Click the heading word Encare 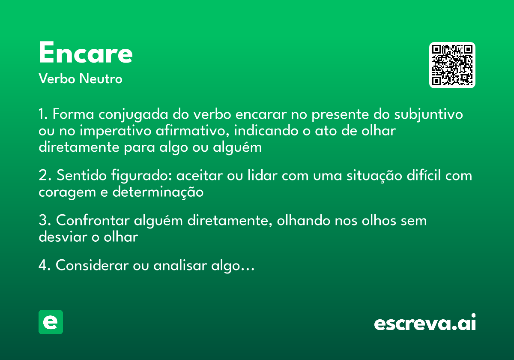coord(85,53)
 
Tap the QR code coord(452,65)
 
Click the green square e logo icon coord(51,322)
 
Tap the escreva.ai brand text coord(425,323)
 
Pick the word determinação coord(158,192)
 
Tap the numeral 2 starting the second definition coord(42,176)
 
